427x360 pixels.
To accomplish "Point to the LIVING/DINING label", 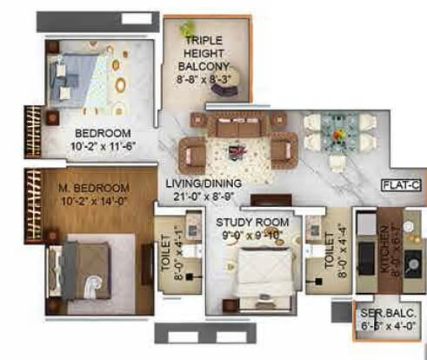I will click(204, 183).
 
